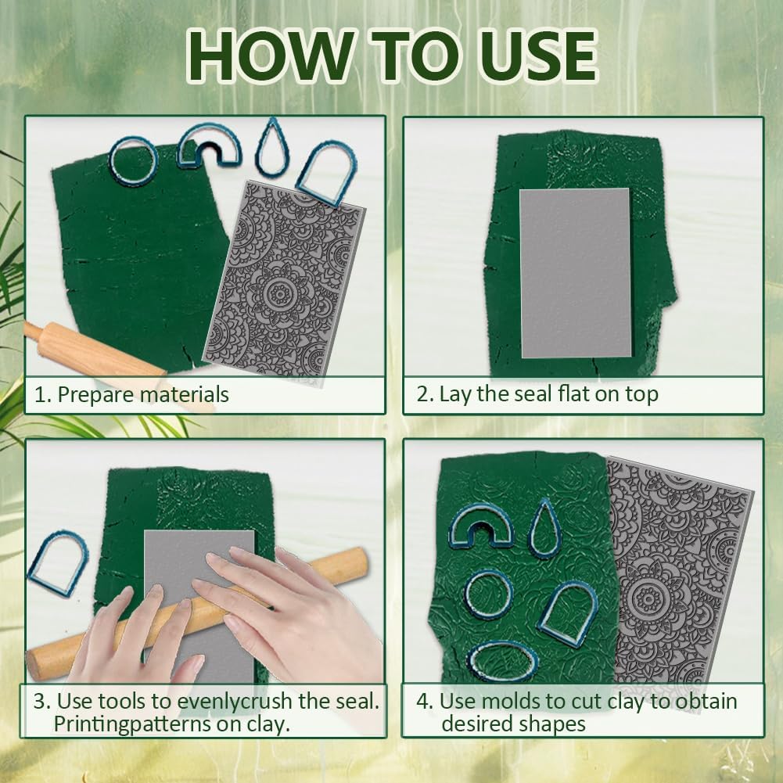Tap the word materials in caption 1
coord(185,394)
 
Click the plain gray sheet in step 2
coord(575,273)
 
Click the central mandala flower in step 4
coord(647,598)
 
